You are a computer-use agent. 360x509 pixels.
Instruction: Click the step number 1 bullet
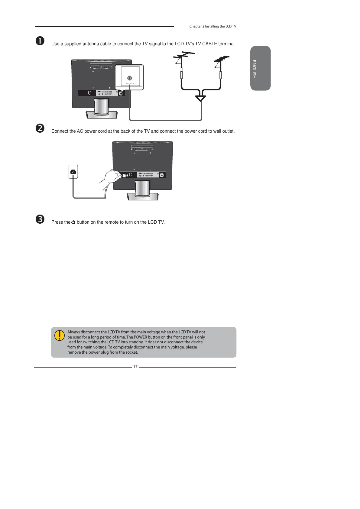[x=40, y=41]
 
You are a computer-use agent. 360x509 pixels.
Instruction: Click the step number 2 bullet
[x=40, y=128]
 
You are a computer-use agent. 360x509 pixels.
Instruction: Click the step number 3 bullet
[x=40, y=219]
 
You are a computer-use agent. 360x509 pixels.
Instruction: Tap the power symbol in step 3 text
[x=73, y=222]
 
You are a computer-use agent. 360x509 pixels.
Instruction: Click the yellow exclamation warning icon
[x=60, y=336]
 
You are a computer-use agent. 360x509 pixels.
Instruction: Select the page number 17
[x=135, y=367]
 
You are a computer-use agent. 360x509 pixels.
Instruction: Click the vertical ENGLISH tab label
[x=254, y=69]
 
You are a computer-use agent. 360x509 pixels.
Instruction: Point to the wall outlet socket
[x=73, y=172]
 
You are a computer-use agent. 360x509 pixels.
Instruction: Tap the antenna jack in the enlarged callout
[x=130, y=78]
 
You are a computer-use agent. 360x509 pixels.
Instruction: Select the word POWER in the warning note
[x=141, y=337]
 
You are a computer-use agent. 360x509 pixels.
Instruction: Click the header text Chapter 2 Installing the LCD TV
[x=212, y=26]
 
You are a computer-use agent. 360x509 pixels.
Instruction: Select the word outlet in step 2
[x=228, y=131]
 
